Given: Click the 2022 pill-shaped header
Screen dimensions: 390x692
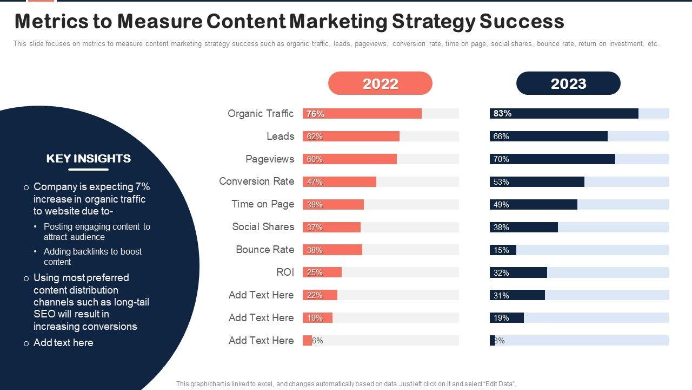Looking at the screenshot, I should click(x=380, y=83).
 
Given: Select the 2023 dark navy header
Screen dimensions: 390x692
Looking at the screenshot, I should click(x=568, y=83).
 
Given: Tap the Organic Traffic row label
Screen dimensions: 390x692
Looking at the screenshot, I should click(x=260, y=113).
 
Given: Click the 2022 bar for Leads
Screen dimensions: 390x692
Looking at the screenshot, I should click(x=351, y=136).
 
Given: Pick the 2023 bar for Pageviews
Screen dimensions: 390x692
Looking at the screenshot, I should click(x=553, y=159).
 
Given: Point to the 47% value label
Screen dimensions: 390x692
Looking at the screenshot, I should click(x=315, y=182).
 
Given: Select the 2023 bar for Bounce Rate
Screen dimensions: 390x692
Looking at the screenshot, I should click(x=503, y=250).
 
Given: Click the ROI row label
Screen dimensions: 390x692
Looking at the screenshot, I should click(x=285, y=272).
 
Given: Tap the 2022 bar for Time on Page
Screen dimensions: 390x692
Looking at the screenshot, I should click(x=333, y=205).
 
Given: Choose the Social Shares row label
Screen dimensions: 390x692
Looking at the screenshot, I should click(x=263, y=226).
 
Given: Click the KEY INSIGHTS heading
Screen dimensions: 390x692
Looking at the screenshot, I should click(x=89, y=158).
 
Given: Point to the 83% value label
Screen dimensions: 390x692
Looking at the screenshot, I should click(x=502, y=114).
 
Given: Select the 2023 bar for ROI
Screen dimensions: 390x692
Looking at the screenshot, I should click(x=518, y=272).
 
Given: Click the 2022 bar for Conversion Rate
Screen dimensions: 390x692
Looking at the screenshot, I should click(x=340, y=182).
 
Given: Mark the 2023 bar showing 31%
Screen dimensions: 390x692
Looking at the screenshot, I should click(x=517, y=295).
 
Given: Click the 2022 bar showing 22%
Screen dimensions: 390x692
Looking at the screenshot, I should click(x=320, y=295).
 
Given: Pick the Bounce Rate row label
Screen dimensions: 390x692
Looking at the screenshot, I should click(x=265, y=249).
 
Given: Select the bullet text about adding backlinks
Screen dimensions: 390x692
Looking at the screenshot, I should click(x=92, y=256).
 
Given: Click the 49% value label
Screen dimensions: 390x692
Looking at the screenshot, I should click(x=501, y=205).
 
